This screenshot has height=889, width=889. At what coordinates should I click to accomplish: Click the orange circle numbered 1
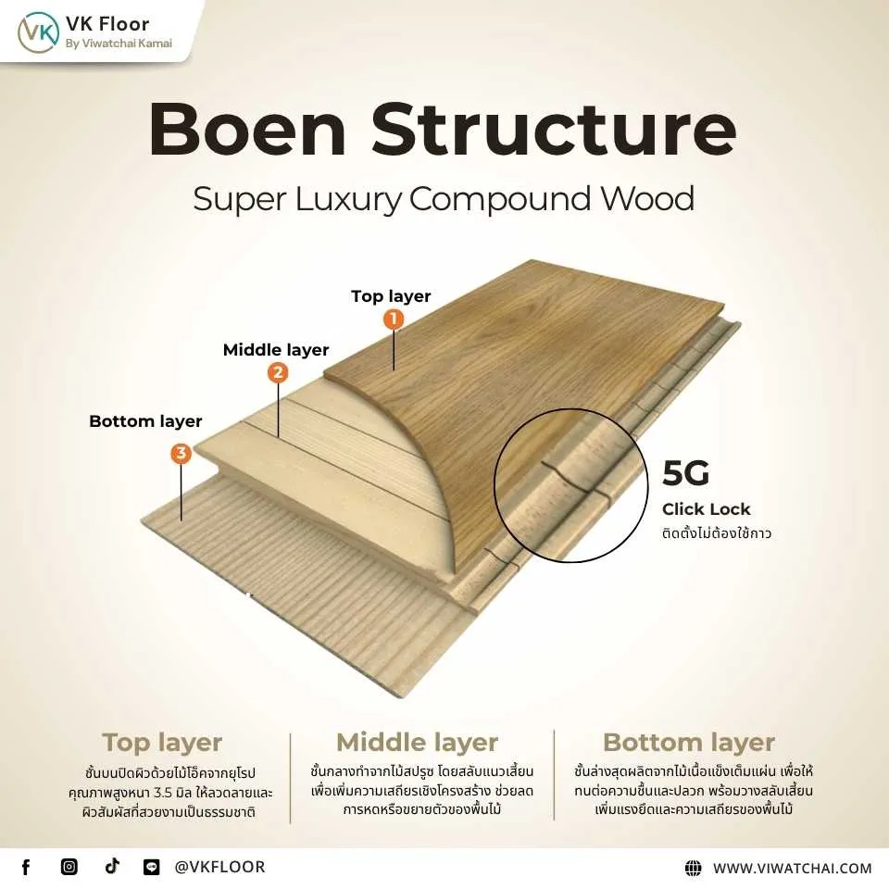point(394,319)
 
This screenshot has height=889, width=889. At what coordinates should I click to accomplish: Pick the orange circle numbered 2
point(277,373)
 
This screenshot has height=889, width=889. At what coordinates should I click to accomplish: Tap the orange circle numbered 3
point(182,453)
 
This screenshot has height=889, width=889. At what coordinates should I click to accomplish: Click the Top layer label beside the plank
point(391,296)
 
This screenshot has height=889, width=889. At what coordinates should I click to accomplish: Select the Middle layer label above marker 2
point(276,350)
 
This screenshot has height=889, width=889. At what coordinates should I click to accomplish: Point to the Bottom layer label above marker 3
point(145,421)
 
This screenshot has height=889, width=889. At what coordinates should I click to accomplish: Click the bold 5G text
point(685,473)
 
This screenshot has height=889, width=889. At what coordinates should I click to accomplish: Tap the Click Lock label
point(706,509)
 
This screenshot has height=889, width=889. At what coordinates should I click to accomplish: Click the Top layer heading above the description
point(162,743)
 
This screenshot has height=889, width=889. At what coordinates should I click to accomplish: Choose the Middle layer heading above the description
point(417,743)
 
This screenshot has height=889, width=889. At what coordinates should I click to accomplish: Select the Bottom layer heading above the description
point(688,743)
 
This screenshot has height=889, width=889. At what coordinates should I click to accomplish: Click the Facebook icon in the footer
point(26,867)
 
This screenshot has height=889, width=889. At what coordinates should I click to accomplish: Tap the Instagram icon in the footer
point(69,867)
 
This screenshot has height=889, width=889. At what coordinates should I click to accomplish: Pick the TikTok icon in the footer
point(112,867)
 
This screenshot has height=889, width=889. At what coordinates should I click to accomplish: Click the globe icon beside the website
point(693,868)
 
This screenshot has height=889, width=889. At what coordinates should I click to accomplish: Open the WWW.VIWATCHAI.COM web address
point(792,868)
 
